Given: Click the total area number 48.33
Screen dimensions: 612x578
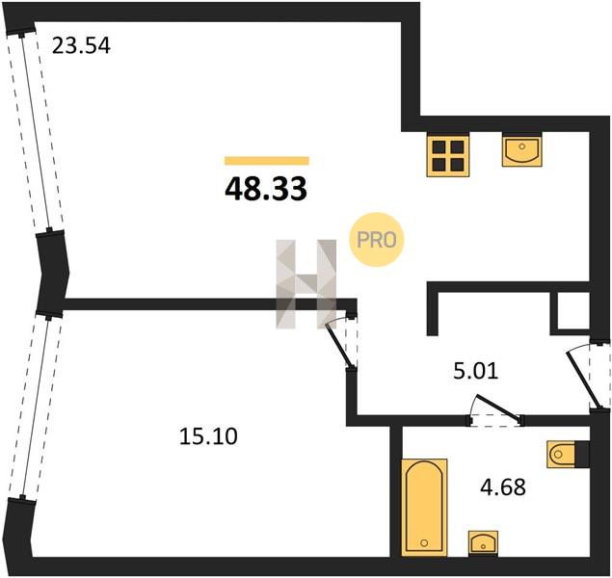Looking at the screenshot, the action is coord(266,189).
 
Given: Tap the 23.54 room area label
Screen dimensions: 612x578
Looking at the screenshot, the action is coord(81,45).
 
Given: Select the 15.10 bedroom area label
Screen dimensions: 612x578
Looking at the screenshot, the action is coord(208,436).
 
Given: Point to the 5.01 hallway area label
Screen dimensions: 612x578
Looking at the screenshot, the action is coord(476,371).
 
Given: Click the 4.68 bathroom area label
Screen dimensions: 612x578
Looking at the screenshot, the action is coord(503,487).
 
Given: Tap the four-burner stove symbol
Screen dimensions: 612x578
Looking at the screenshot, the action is coord(448,155).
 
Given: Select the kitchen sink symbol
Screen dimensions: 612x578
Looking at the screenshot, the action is coord(522,149).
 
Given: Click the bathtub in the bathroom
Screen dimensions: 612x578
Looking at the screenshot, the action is coord(424,507).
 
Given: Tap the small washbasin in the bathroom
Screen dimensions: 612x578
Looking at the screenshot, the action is coord(483,543).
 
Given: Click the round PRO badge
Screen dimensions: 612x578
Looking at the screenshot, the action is coord(376,240).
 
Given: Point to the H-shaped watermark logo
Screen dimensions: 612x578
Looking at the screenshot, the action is coord(306,284).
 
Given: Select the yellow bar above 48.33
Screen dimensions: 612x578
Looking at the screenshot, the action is coord(267,161).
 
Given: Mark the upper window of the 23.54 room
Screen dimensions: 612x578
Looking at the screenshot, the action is coord(36,133).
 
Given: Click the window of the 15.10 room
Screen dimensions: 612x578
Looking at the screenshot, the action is coord(36,407).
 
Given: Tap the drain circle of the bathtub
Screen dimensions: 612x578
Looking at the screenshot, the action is coord(424,543).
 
